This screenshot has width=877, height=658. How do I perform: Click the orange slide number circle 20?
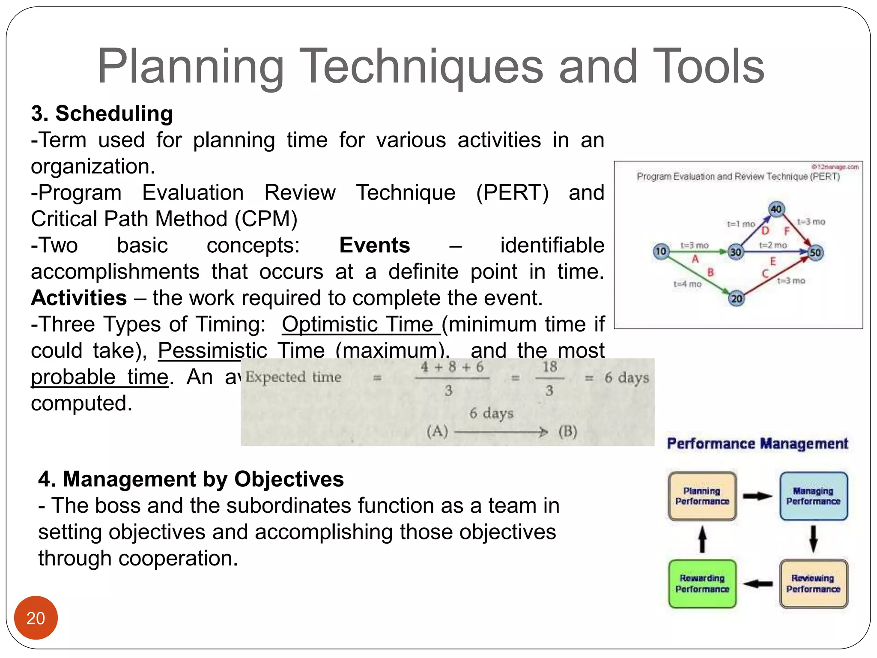pos(36,617)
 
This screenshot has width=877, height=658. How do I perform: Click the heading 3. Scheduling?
pos(102,114)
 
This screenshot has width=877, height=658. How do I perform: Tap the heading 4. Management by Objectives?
pos(191,479)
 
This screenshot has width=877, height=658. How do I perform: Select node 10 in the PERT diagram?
pos(661,251)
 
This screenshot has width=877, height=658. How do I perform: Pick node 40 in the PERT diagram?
pos(776,209)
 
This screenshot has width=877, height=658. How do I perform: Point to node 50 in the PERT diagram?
pos(815,252)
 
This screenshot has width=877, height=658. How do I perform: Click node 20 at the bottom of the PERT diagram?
pos(736,299)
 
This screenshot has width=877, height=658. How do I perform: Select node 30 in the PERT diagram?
pos(736,252)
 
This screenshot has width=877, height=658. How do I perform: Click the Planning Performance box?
pos(702,496)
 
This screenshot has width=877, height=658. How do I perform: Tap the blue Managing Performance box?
pos(813,496)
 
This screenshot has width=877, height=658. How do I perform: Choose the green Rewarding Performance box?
pos(702,583)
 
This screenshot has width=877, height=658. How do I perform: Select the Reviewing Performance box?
pos(813,583)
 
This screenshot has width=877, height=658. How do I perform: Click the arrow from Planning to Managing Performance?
pos(757,496)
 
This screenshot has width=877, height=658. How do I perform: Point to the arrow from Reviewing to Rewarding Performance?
pos(758,583)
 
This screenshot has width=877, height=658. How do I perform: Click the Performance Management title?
pos(757,444)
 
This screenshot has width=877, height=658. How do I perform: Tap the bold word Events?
pos(374,245)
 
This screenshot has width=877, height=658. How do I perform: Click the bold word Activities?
pos(79,298)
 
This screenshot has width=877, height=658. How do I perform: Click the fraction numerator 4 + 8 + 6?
pos(452,367)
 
